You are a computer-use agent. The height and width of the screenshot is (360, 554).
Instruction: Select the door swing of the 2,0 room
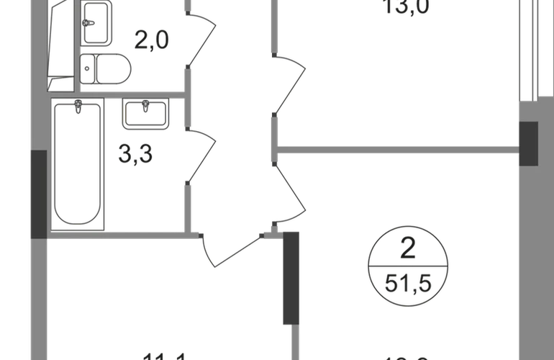pos(202,39)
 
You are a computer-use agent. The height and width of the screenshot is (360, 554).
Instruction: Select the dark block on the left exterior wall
pos(38,194)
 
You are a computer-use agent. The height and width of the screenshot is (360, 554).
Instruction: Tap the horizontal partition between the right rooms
pos(399,150)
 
